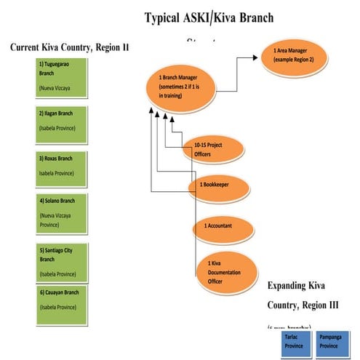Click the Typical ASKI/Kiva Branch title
(x=209, y=17)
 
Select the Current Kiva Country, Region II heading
(x=70, y=47)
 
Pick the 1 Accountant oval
(x=222, y=226)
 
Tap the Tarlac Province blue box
(x=293, y=342)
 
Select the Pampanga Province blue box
(x=334, y=342)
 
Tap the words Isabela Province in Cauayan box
(x=57, y=307)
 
